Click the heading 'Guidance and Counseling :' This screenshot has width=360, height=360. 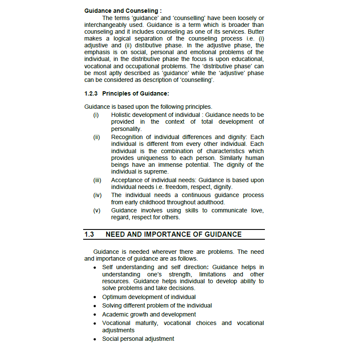point(123,10)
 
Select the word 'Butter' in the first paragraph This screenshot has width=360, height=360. point(255,32)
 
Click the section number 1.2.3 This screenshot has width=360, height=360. point(91,94)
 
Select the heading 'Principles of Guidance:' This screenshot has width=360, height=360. point(136,94)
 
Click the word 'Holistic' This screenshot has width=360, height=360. point(122,115)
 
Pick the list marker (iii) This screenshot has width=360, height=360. point(97,180)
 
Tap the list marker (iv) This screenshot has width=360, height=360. point(97,195)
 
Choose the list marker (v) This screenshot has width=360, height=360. point(97,210)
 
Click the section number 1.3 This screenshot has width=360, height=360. point(89,234)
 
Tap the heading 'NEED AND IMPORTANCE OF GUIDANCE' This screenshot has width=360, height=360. point(174,234)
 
